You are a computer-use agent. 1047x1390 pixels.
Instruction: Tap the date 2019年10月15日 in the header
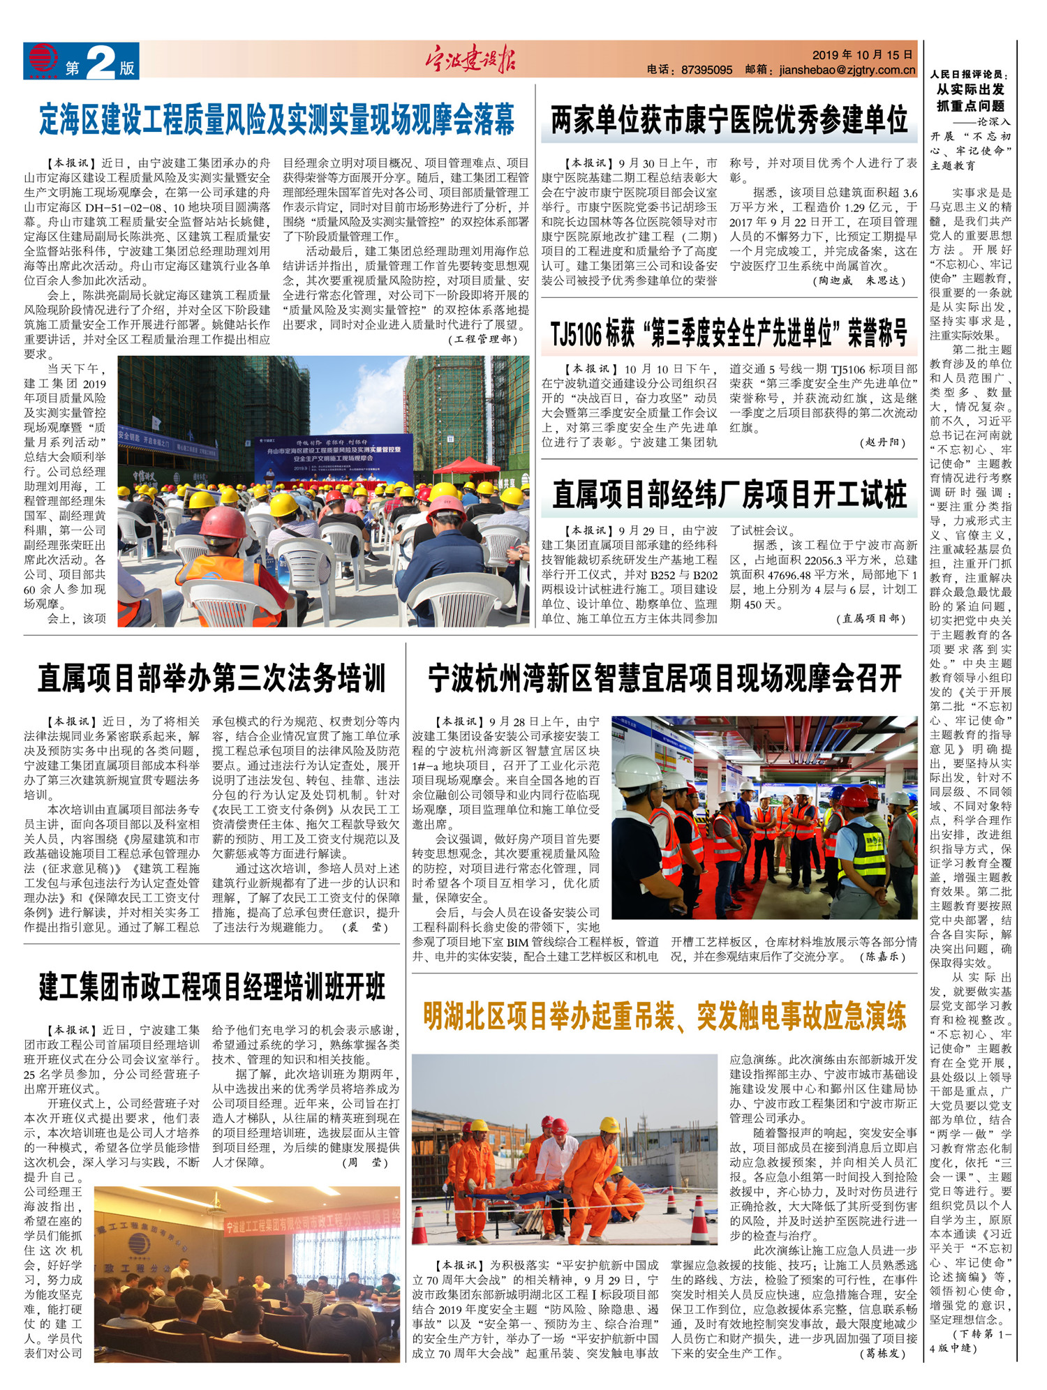(862, 54)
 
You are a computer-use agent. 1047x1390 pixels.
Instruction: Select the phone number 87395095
(706, 70)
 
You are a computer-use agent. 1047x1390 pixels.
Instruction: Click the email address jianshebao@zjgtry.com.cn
(847, 70)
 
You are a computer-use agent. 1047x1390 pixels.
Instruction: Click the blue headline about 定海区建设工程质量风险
(277, 120)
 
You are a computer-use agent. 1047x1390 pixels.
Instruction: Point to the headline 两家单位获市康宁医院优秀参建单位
(729, 120)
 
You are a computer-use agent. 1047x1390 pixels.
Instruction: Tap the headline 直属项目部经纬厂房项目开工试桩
(729, 495)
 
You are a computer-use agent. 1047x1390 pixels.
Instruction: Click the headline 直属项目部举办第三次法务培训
(211, 678)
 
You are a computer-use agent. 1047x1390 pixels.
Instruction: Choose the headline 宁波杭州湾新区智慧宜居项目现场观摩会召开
(664, 678)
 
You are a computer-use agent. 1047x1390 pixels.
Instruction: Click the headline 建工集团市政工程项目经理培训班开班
(211, 987)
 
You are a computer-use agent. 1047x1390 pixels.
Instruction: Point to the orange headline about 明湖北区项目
(664, 1016)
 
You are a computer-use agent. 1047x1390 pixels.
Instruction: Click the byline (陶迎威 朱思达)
(860, 281)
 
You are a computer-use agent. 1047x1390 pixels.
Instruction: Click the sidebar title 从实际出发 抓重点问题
(970, 98)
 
